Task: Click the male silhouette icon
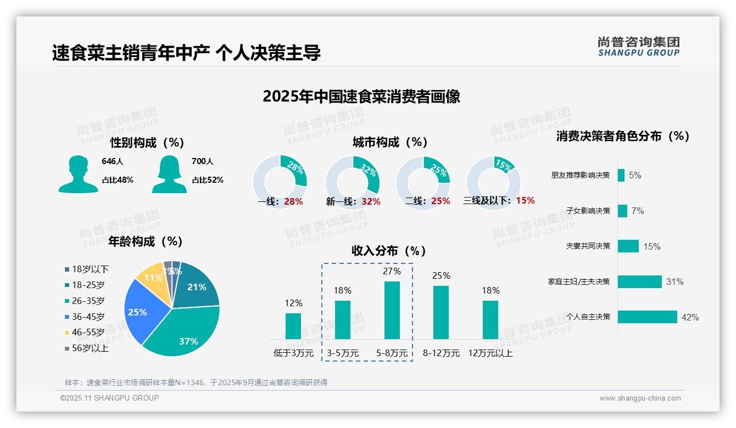(x=78, y=174)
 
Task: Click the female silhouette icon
(x=169, y=174)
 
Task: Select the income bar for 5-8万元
(x=392, y=310)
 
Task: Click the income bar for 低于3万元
(x=293, y=326)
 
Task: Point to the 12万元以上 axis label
(x=490, y=353)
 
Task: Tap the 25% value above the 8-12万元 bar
(x=441, y=275)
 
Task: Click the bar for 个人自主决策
(x=647, y=317)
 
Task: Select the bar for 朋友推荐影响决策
(x=621, y=175)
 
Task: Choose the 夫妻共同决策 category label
(x=588, y=246)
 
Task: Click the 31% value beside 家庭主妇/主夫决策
(x=674, y=281)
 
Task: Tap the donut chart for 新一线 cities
(x=352, y=182)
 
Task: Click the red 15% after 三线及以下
(x=525, y=200)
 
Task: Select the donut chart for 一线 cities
(x=280, y=182)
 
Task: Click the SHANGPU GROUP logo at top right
(x=638, y=47)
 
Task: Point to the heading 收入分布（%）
(x=389, y=251)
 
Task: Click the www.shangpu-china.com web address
(x=640, y=398)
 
